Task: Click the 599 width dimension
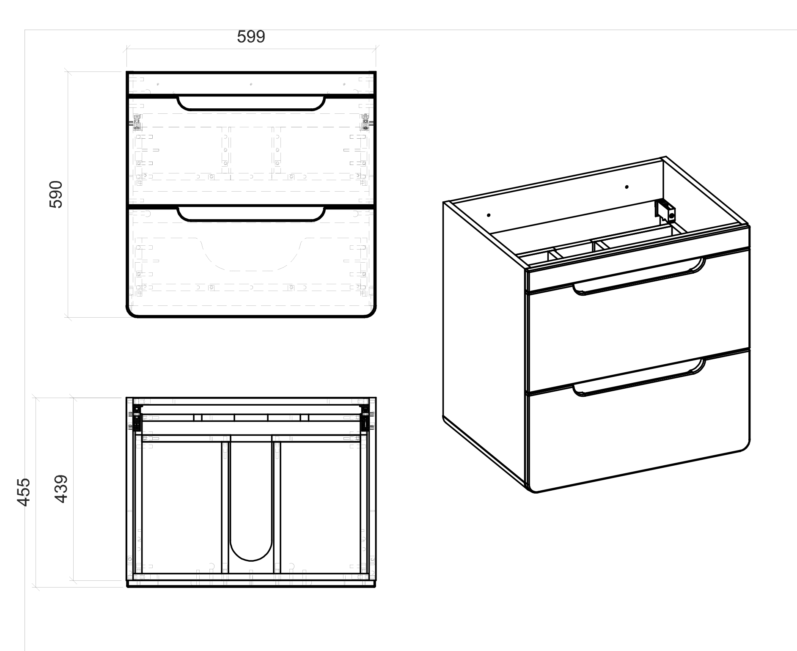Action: click(x=251, y=37)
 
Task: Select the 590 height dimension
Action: click(x=56, y=195)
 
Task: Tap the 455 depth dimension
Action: click(x=24, y=492)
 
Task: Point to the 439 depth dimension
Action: click(x=61, y=489)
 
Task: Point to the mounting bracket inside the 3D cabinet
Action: click(x=665, y=211)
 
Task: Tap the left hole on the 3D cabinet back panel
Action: click(x=489, y=215)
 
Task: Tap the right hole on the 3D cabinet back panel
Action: click(x=627, y=187)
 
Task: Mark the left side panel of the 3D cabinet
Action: click(x=484, y=338)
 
